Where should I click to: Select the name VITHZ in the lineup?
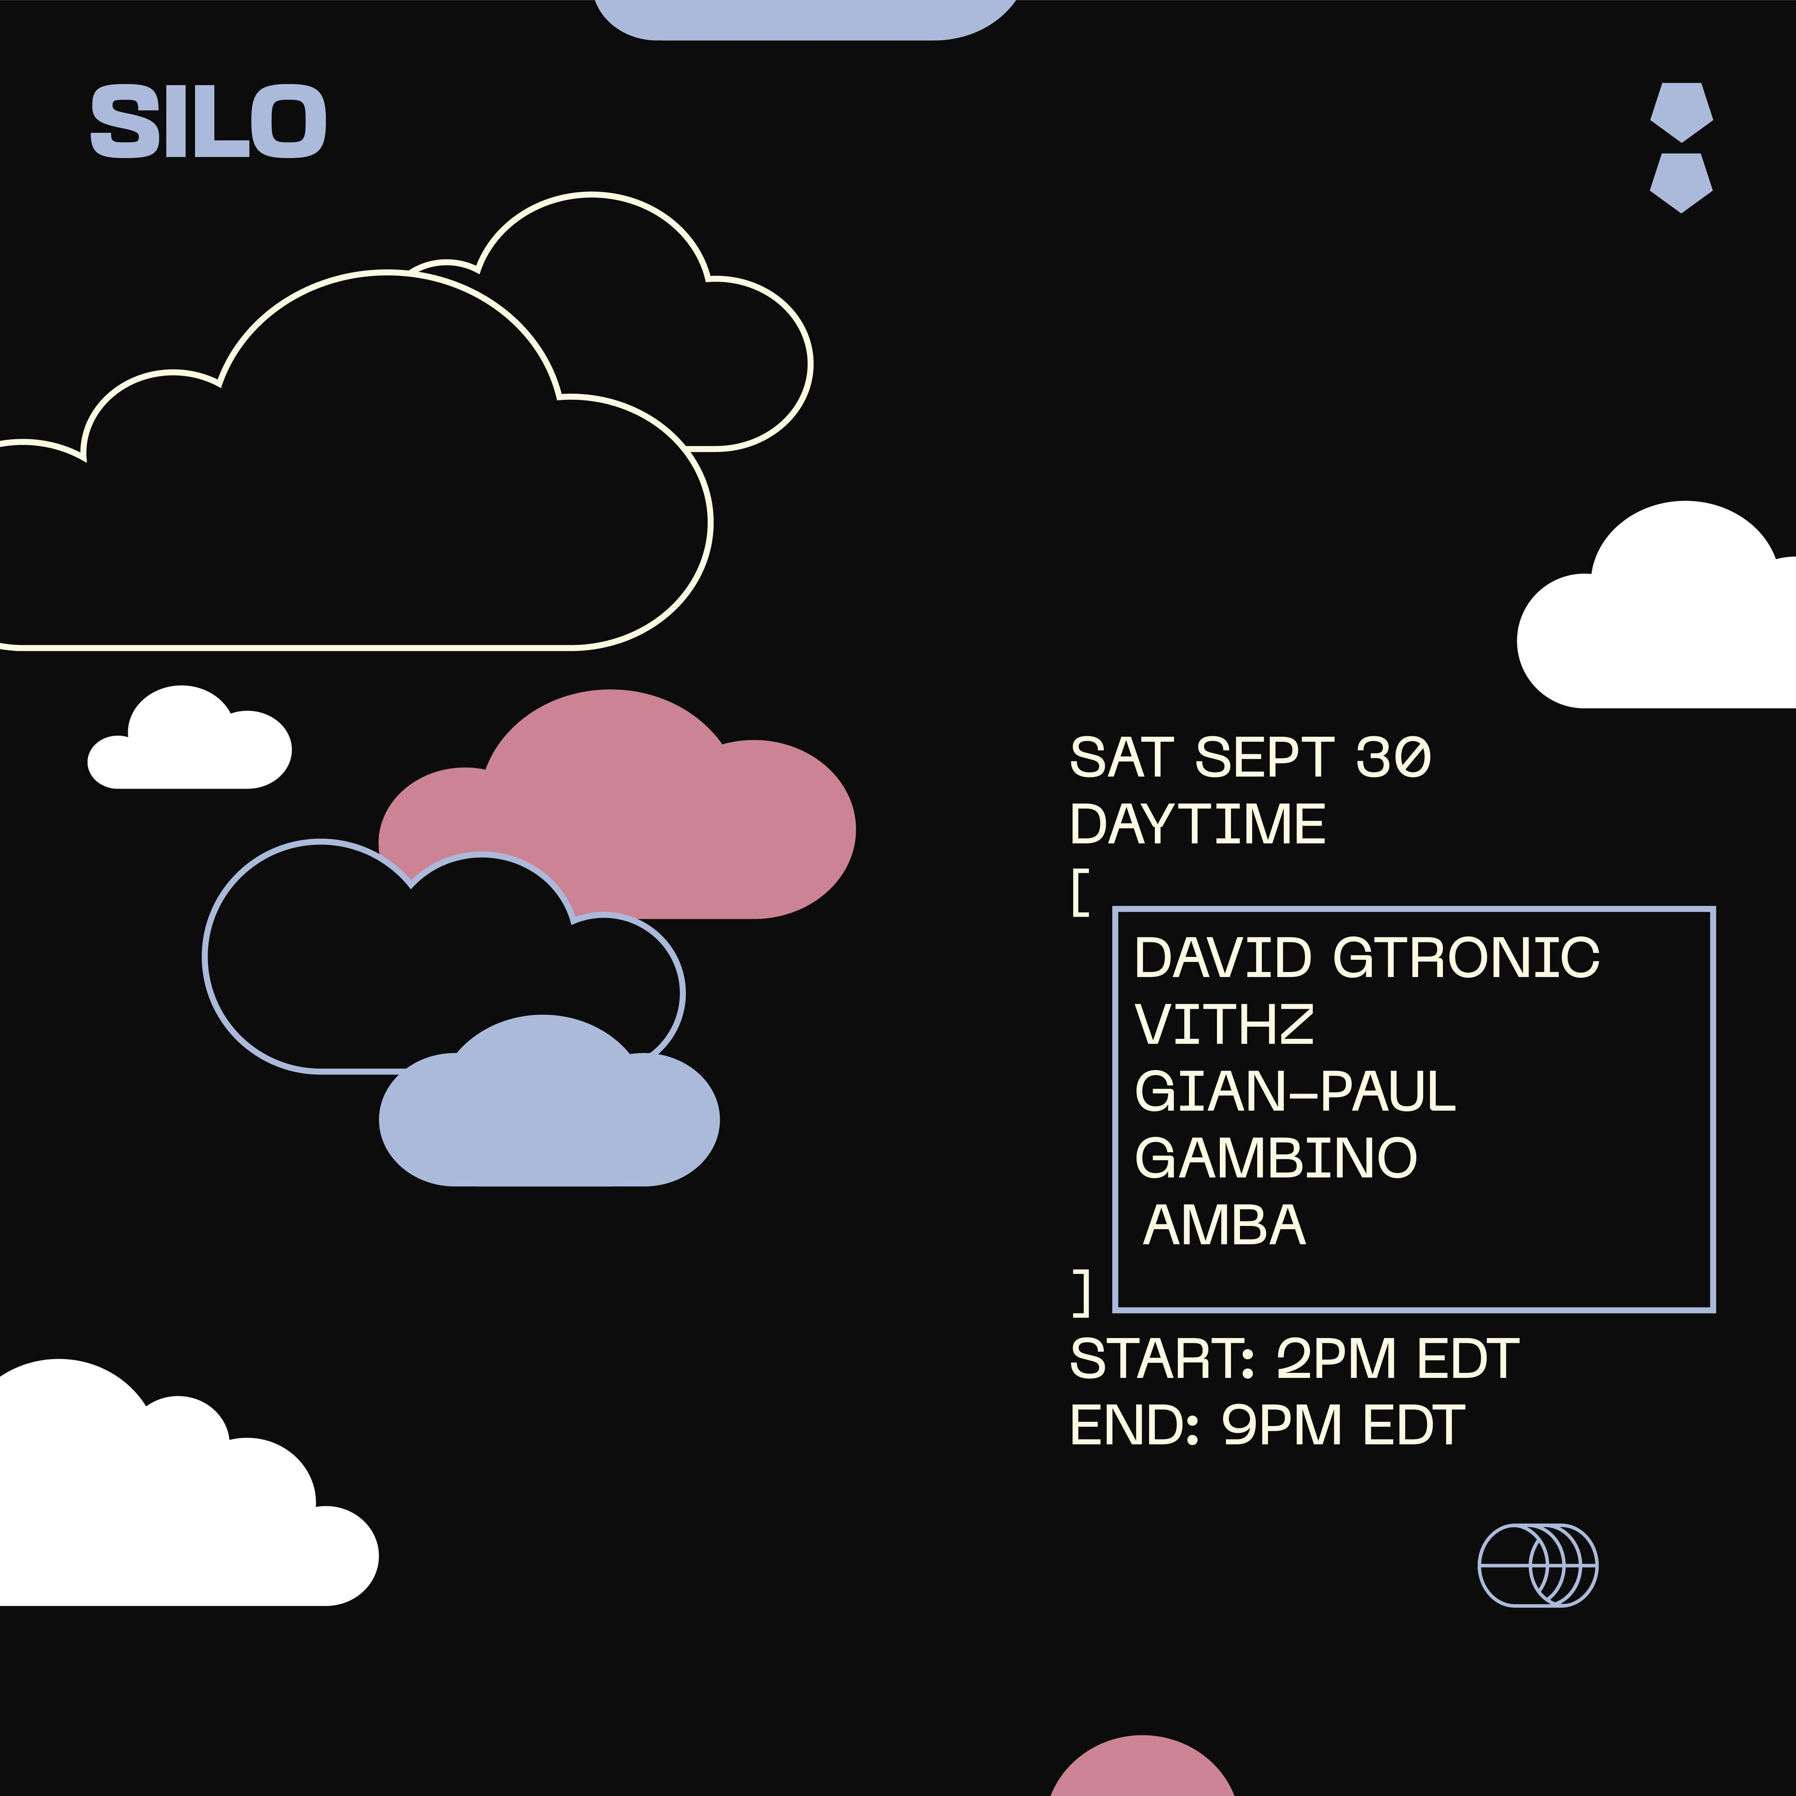[x=1224, y=1024]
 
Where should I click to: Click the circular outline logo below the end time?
[x=1538, y=1565]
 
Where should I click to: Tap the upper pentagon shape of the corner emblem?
[x=1682, y=112]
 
